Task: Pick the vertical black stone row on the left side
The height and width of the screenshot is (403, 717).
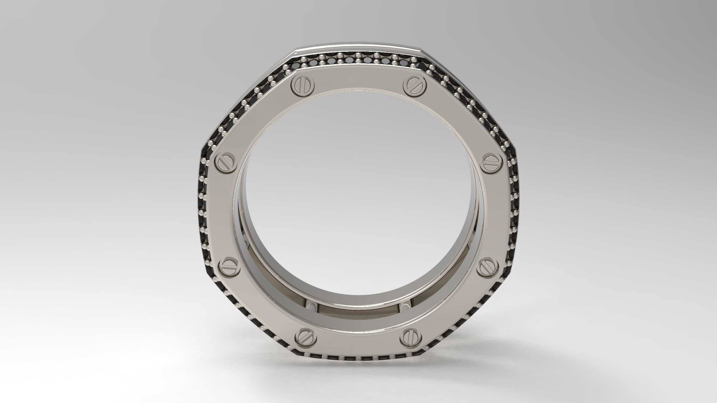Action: click(204, 213)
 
